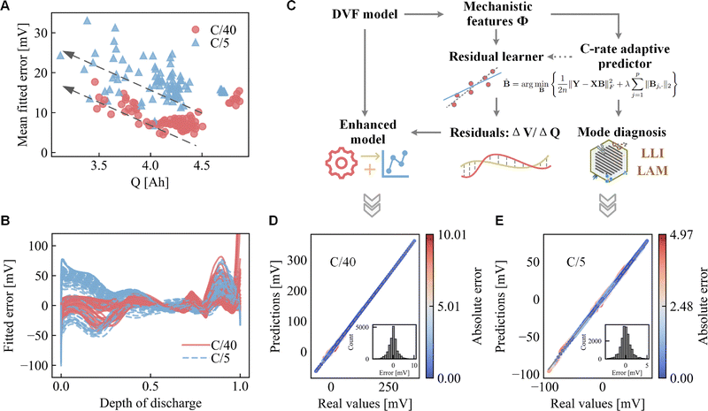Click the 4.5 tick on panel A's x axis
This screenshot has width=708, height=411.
(x=203, y=165)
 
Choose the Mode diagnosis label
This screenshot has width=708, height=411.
(x=620, y=131)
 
